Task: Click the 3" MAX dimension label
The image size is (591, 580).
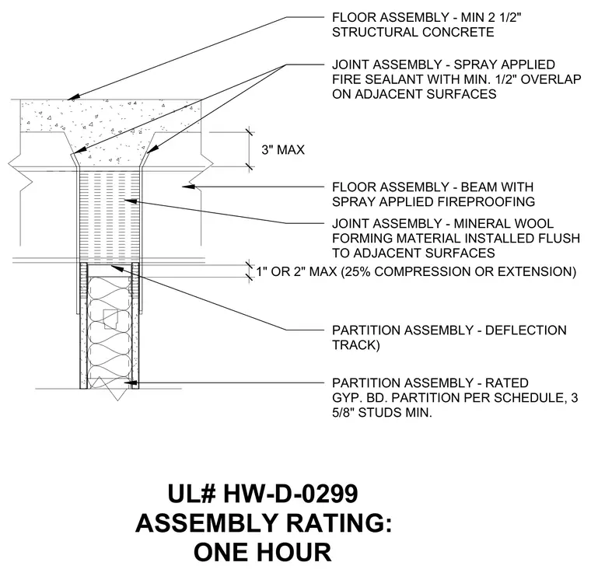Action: click(x=283, y=150)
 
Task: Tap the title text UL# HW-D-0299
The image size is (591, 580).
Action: click(x=263, y=494)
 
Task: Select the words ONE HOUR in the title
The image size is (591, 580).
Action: click(x=263, y=552)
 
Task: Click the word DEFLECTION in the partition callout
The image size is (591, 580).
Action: click(x=526, y=330)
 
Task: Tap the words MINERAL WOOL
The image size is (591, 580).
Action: click(x=504, y=223)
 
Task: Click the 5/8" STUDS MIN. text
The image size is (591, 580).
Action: click(x=382, y=413)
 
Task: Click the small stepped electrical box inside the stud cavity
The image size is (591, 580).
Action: click(x=111, y=320)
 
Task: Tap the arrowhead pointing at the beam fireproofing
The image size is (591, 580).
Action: click(x=188, y=186)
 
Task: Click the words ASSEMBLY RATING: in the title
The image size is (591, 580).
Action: click(x=264, y=523)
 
